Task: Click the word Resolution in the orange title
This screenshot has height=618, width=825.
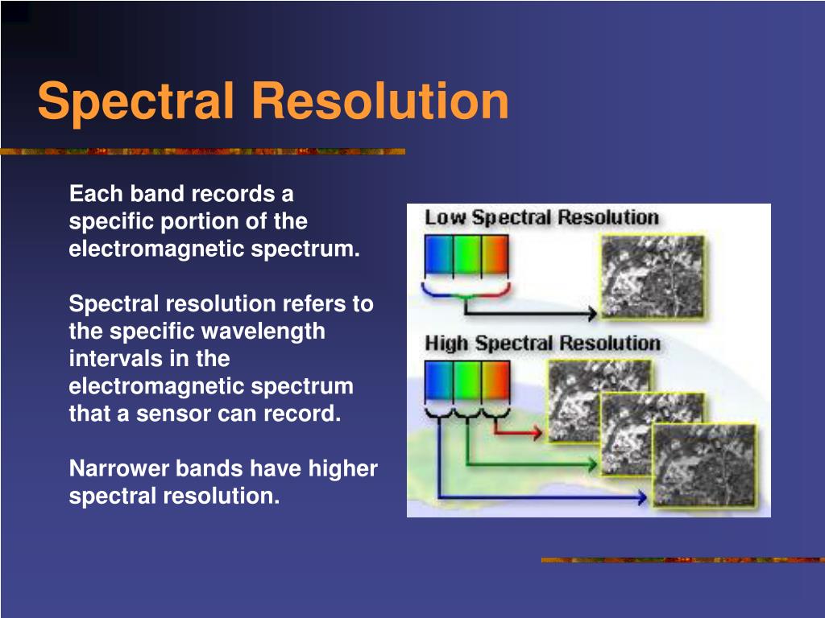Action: coord(379,101)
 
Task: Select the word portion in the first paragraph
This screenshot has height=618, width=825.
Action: coord(183,221)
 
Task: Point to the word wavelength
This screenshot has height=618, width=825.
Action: coord(263,331)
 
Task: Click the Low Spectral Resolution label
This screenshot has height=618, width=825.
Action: coord(541,217)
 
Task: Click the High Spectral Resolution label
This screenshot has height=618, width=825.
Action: coord(542,344)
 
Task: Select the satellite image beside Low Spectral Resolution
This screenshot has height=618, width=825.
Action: coord(652,276)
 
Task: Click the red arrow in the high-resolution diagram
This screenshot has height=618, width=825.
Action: coord(520,433)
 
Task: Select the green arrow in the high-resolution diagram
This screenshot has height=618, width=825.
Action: coord(532,464)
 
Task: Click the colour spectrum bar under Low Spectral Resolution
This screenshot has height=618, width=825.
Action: coord(466,256)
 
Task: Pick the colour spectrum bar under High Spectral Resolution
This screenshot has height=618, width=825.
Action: coord(466,382)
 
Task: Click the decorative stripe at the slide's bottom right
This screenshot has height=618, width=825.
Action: coord(682,560)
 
